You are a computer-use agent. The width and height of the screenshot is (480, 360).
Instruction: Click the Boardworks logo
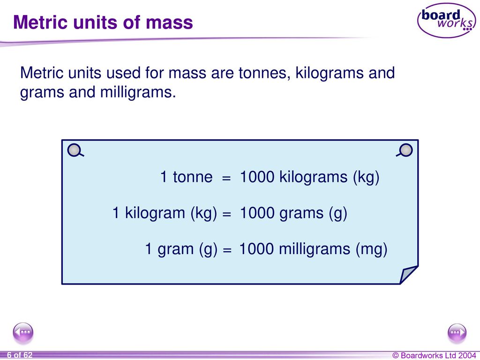click(447, 20)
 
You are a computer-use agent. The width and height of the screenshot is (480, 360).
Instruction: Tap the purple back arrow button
click(23, 332)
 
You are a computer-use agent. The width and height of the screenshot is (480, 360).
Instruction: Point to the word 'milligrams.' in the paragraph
click(138, 92)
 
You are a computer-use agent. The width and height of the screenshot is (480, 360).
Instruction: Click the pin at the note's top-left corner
click(75, 150)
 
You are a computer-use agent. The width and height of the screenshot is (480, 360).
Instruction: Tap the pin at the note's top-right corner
click(405, 150)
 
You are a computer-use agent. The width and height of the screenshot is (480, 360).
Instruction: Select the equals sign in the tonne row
click(226, 178)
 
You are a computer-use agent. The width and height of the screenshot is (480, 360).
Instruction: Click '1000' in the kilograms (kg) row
click(257, 177)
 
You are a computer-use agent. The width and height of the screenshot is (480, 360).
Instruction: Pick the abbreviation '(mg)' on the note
click(371, 249)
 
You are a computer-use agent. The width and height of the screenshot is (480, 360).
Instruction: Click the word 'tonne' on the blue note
click(193, 177)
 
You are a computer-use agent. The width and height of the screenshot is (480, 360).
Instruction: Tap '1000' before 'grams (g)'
click(257, 213)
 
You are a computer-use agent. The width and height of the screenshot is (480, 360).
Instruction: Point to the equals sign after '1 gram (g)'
click(227, 250)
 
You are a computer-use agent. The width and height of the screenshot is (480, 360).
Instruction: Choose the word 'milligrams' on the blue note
click(315, 249)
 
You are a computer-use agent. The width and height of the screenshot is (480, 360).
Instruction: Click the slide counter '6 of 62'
click(20, 355)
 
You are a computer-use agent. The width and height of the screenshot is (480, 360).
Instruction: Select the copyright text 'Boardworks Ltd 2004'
click(438, 355)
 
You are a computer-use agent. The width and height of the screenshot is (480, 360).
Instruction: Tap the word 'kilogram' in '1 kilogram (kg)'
click(155, 213)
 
